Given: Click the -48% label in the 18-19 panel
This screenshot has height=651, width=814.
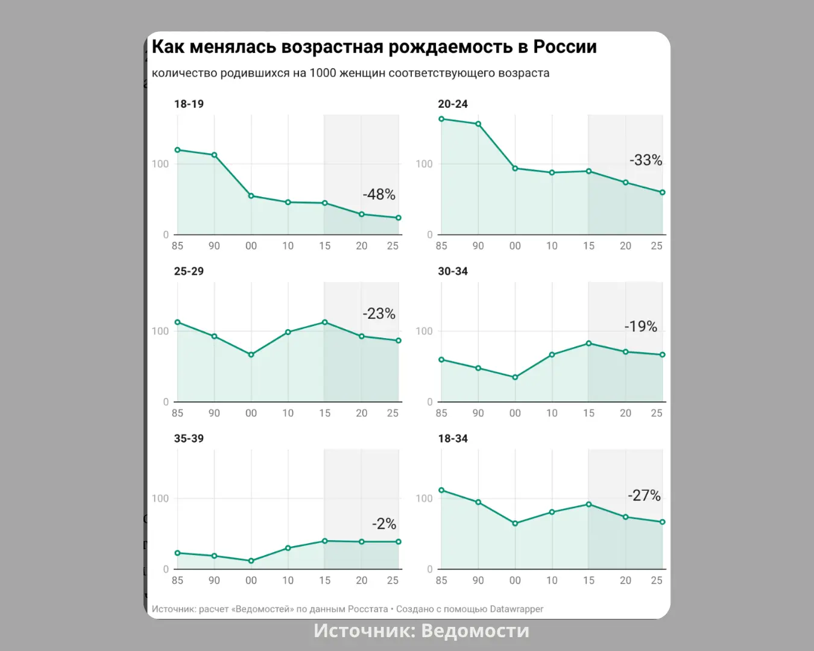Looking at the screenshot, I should pyautogui.click(x=379, y=195).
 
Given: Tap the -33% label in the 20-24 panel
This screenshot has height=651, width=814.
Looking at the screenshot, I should pyautogui.click(x=646, y=160).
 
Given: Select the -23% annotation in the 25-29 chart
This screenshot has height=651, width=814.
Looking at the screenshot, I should pyautogui.click(x=379, y=314).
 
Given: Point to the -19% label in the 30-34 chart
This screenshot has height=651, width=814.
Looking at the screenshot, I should pyautogui.click(x=640, y=327).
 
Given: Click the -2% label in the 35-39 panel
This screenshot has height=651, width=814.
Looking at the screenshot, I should pyautogui.click(x=384, y=524).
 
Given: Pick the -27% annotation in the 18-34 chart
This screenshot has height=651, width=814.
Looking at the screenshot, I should pyautogui.click(x=644, y=495).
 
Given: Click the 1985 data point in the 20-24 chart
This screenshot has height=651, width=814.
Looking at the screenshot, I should pyautogui.click(x=441, y=119).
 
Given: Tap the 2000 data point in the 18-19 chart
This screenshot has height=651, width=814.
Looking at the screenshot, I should pyautogui.click(x=251, y=196).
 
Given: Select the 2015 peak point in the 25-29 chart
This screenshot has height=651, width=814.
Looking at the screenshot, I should pyautogui.click(x=325, y=322).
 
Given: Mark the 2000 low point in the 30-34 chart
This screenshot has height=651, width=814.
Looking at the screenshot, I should pyautogui.click(x=515, y=377).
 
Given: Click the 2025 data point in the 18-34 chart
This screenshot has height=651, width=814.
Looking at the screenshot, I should pyautogui.click(x=663, y=522).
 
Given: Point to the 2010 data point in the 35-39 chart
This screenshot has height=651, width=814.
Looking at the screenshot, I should pyautogui.click(x=288, y=548).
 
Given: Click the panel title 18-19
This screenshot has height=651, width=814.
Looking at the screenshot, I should pyautogui.click(x=189, y=104).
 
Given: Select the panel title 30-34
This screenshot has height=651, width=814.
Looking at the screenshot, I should pyautogui.click(x=453, y=271).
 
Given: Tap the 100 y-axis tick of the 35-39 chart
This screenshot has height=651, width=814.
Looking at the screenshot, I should pyautogui.click(x=160, y=498).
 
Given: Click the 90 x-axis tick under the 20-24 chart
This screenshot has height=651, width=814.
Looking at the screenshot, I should pyautogui.click(x=478, y=246).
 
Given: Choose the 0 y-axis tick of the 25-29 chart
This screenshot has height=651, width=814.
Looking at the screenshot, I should pyautogui.click(x=166, y=402).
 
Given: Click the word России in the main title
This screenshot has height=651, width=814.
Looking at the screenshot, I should pyautogui.click(x=565, y=47).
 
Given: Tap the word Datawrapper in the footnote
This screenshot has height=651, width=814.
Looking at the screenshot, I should pyautogui.click(x=517, y=609).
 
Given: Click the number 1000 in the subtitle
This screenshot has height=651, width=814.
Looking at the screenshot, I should pyautogui.click(x=323, y=74).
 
